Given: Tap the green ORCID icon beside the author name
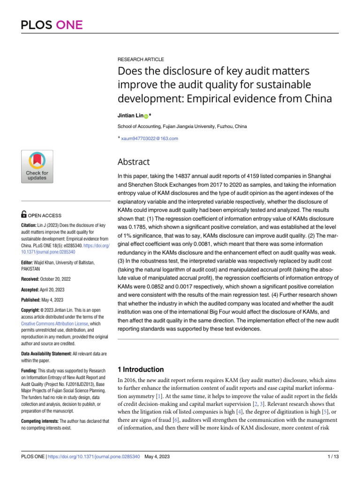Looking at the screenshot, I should pos(145,116).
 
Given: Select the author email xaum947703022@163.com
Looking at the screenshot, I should pos(150,138).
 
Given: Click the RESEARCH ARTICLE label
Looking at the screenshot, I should pos(141,60).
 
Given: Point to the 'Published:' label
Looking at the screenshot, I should pos(33,300).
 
